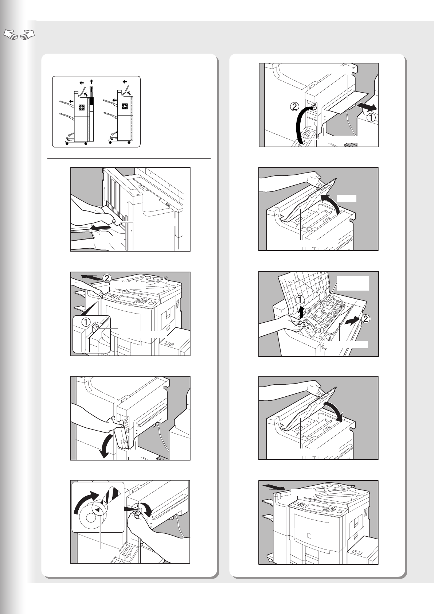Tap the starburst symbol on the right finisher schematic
[125, 107]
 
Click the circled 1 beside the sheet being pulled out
[371, 118]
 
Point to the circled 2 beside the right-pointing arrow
[366, 319]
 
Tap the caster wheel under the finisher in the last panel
[270, 559]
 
